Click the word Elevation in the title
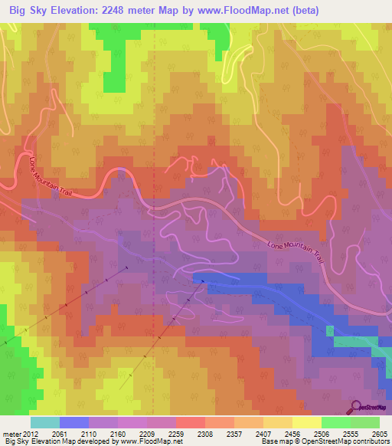[77, 10]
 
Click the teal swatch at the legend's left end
[44, 422]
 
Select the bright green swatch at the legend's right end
[364, 422]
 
